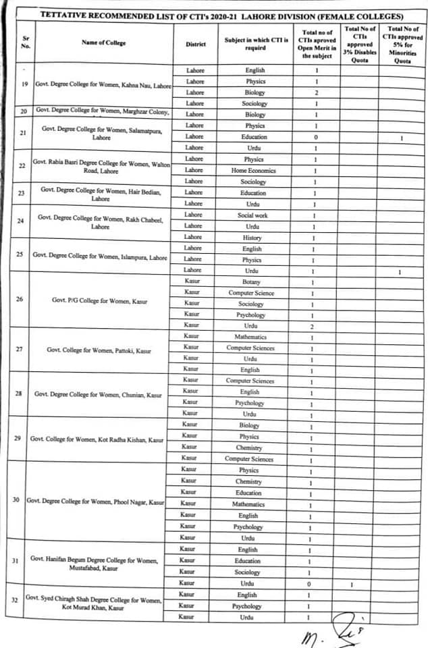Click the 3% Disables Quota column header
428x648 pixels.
360,43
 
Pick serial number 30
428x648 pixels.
16,500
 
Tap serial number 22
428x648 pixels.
22,165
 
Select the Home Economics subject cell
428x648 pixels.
253,171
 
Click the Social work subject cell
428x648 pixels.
252,215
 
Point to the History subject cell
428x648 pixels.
252,238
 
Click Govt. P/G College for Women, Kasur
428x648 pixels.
99,299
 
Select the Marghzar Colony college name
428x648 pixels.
102,110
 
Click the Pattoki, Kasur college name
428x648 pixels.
99,350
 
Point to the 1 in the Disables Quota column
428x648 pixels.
352,584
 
